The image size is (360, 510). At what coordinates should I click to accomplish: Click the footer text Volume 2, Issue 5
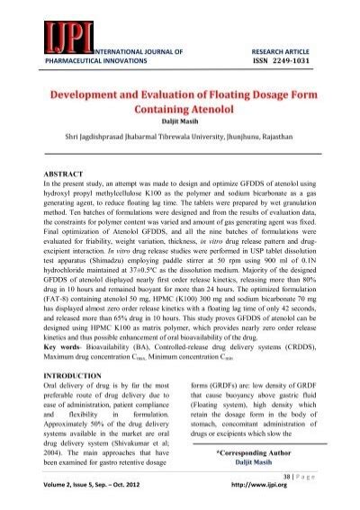[x=78, y=494]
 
